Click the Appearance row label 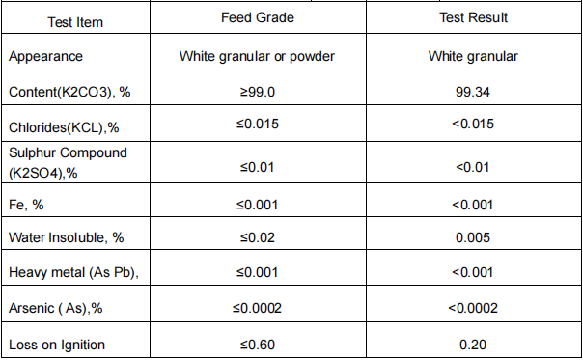point(45,56)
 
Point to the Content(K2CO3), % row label point(70,91)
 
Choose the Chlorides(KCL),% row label point(64,126)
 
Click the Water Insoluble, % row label point(63,237)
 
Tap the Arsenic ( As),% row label point(58,308)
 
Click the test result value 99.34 point(473,91)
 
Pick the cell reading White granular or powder point(257,56)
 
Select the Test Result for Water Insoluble point(473,237)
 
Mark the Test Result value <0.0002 point(473,308)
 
